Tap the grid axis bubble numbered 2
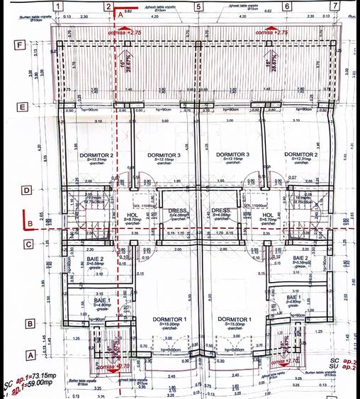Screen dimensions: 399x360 [x=108, y=6]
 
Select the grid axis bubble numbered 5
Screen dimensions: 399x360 [x=198, y=6]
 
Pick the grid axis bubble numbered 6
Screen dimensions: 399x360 [x=288, y=6]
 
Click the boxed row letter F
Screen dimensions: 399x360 [x=22, y=45]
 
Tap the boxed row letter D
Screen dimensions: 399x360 [x=26, y=189]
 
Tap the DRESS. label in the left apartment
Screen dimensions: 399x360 [x=178, y=210]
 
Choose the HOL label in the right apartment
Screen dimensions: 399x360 [x=268, y=215]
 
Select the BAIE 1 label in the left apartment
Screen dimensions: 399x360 [x=103, y=301]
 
